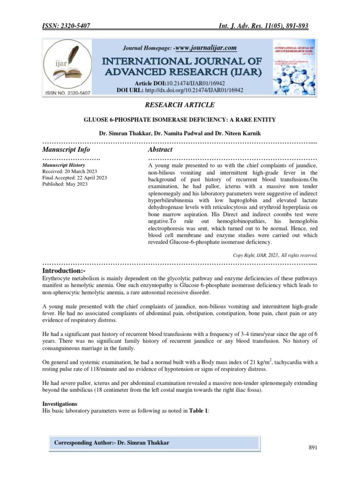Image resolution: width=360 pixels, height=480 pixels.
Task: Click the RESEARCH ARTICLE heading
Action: pos(180,105)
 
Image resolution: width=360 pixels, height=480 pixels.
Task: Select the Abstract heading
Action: pos(160,150)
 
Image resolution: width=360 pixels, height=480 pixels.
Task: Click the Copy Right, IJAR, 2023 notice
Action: pos(275,255)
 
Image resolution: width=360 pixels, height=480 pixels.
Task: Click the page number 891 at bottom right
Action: pos(313,448)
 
